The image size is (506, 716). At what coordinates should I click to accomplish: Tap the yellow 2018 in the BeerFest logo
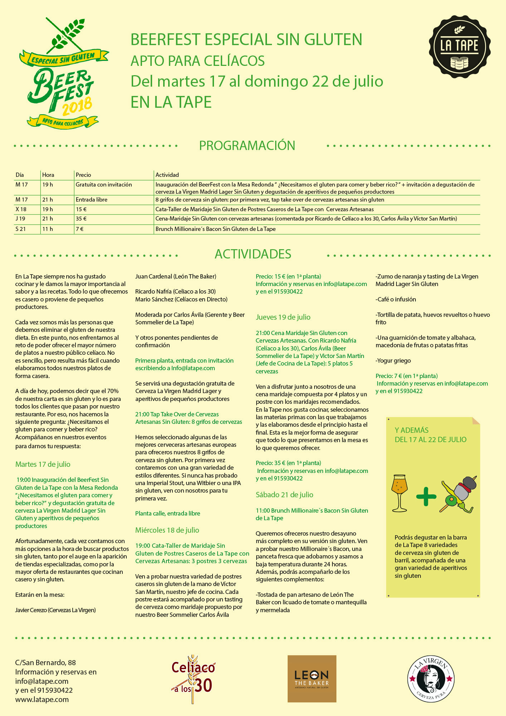[x=77, y=106]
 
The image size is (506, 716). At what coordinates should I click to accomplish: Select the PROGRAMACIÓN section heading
[x=247, y=145]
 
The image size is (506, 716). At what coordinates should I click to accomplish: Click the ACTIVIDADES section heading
[x=253, y=254]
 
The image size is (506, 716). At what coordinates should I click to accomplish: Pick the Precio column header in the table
[x=83, y=175]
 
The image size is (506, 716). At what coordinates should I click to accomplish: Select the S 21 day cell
[x=21, y=229]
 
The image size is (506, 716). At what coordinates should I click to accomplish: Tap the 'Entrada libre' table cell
[x=92, y=199]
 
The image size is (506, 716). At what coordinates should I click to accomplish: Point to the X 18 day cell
[x=21, y=209]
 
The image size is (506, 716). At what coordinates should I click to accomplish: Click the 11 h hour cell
[x=48, y=229]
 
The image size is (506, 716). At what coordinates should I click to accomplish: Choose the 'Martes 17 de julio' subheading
[x=43, y=464]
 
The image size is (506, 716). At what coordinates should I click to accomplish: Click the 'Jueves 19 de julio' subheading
[x=283, y=317]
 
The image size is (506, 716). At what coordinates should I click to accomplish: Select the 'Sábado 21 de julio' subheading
[x=284, y=494]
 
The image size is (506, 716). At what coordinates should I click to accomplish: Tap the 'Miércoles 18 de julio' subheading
[x=167, y=530]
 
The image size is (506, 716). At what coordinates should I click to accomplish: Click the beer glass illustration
[x=400, y=493]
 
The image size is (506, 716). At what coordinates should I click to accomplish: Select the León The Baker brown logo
[x=312, y=678]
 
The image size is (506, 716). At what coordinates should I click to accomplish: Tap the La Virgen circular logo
[x=431, y=679]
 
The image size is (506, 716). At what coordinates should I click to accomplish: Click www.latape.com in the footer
[x=42, y=699]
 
